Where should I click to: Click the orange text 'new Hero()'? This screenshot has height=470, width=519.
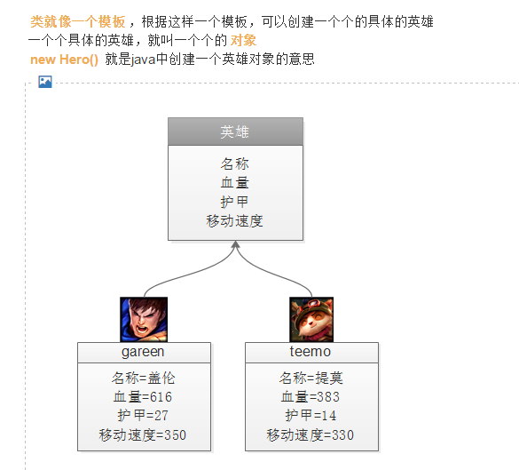point(64,60)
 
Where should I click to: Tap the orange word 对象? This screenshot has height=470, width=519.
point(243,41)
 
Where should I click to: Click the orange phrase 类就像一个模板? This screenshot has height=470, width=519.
point(78,21)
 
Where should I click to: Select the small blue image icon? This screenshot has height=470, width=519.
point(45,82)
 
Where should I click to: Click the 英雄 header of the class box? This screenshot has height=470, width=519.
point(235,131)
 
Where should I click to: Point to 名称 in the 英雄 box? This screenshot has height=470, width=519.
point(235,163)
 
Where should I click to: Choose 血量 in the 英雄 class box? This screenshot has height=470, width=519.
point(235,183)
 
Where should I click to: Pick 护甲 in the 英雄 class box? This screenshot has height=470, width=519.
point(235,202)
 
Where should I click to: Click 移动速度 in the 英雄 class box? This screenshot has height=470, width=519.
point(235,220)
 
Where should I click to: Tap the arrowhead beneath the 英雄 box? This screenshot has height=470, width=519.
point(235,244)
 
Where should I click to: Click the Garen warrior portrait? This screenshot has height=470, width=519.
point(144,320)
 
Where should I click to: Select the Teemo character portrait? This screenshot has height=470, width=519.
point(311,320)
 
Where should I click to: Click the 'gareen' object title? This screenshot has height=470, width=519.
point(143,352)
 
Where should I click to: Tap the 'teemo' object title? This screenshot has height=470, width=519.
point(311,351)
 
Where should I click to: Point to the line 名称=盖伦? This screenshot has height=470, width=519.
point(144,378)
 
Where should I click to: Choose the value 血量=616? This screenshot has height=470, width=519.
point(143,397)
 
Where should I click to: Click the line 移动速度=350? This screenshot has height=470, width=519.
point(143,434)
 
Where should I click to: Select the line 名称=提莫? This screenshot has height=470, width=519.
point(311,378)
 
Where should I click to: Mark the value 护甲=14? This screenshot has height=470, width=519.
point(311,415)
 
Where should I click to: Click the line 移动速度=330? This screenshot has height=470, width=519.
point(311,434)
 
